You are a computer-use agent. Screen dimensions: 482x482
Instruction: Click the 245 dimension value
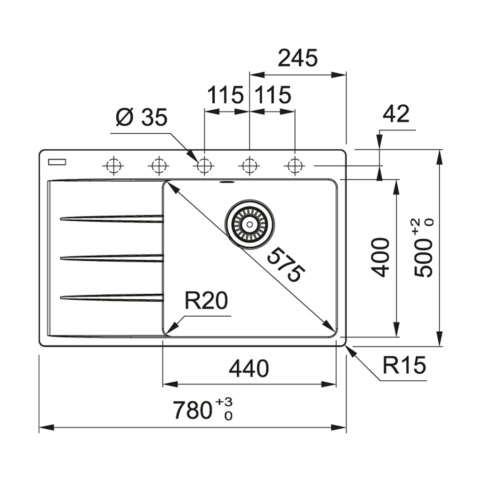297,58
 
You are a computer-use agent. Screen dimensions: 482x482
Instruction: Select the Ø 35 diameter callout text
142,117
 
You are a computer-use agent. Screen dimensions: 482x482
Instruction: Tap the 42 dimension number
396,114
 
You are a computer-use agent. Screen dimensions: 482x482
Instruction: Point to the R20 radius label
206,301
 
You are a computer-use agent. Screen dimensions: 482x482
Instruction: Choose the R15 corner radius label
403,365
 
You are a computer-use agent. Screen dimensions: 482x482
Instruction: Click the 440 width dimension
249,369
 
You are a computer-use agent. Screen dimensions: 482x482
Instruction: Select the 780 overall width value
191,410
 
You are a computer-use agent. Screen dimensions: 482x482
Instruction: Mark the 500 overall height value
423,257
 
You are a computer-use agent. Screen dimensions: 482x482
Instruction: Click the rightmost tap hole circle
295,166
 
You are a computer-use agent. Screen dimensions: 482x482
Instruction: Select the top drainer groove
112,218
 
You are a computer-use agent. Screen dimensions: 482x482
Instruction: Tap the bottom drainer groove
112,297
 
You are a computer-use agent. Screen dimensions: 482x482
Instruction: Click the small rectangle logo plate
57,162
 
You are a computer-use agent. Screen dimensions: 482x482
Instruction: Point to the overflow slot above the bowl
227,181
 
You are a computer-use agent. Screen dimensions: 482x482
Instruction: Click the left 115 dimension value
226,96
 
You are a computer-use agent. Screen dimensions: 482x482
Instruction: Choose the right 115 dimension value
273,96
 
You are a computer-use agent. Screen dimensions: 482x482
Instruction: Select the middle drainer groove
112,257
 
